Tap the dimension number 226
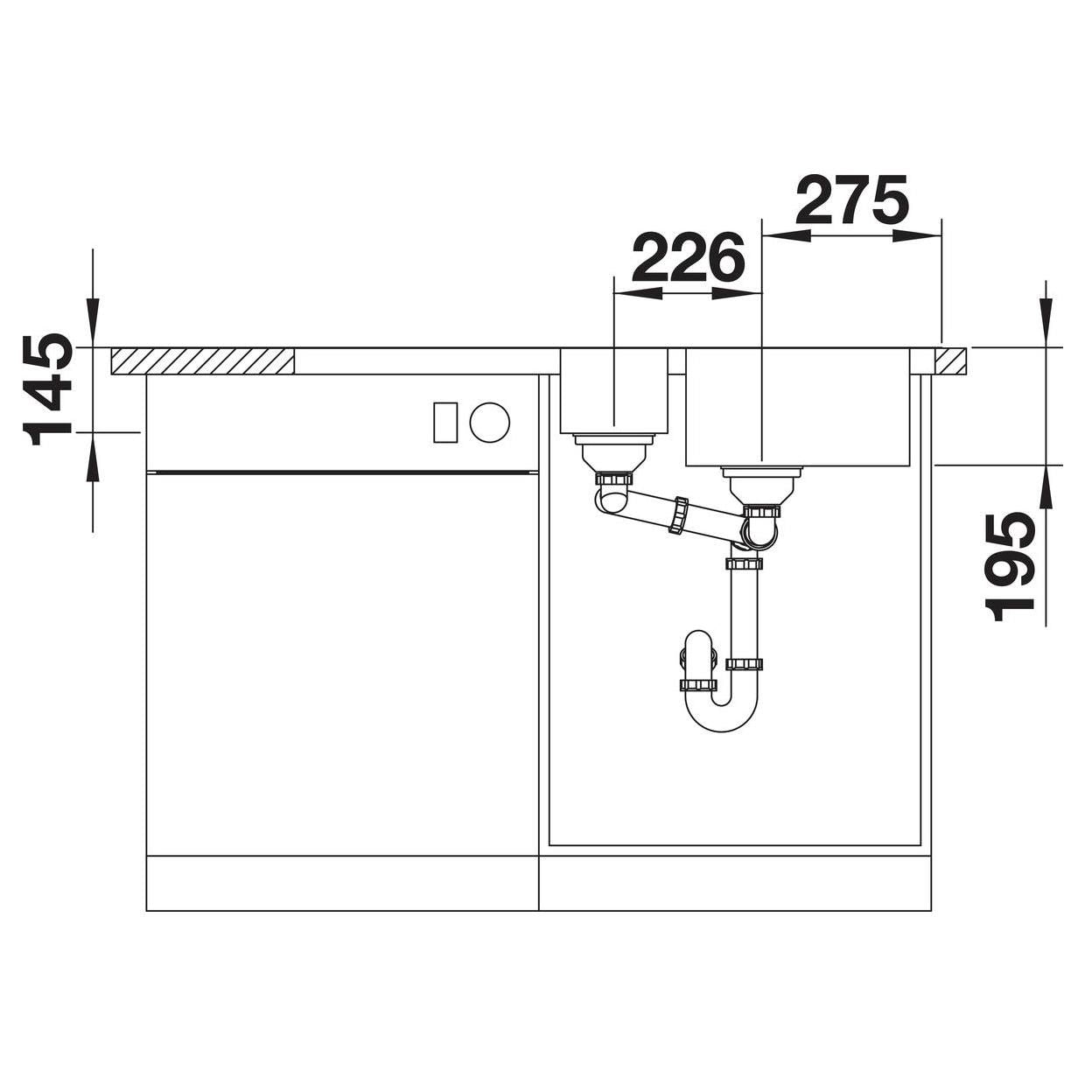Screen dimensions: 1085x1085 pos(688,256)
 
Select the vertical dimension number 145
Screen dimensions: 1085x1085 pos(47,389)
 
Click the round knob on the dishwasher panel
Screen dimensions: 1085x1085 pos(490,422)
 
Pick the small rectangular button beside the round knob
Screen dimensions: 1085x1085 pos(444,423)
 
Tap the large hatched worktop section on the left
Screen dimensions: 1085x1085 pos(203,360)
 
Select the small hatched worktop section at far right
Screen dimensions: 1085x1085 pos(950,360)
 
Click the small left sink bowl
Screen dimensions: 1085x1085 pos(614,391)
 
